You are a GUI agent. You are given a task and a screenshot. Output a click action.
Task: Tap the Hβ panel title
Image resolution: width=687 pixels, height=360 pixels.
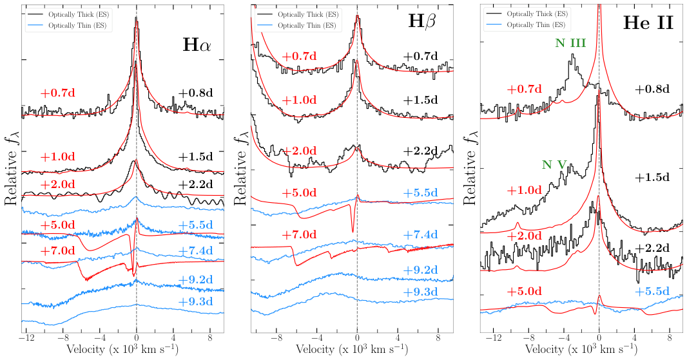coord(423,22)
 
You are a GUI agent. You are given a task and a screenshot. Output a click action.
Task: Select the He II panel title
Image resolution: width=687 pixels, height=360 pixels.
coord(648,23)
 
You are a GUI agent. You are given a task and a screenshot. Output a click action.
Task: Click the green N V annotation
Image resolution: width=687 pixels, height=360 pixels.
coord(554,164)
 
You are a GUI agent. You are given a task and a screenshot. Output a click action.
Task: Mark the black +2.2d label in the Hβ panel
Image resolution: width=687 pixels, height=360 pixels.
coord(421,151)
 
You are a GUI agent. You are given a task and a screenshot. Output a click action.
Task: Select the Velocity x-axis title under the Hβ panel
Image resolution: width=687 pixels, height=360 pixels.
coord(351,349)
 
